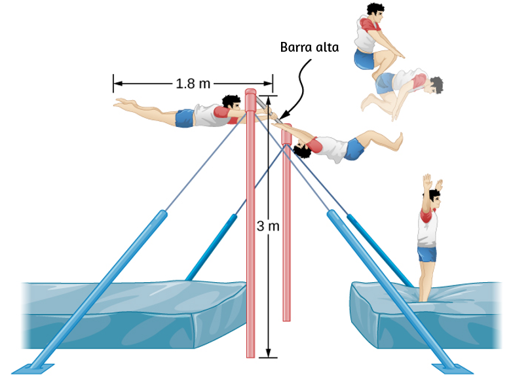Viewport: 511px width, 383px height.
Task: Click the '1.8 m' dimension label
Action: point(193,84)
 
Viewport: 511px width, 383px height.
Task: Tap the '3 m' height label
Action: point(268,226)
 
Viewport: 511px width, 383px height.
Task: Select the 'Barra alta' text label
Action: point(309,47)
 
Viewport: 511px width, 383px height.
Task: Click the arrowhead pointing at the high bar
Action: point(283,115)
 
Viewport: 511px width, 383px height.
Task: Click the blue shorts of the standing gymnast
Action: point(427,254)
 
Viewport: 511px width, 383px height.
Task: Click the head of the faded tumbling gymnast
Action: point(436,84)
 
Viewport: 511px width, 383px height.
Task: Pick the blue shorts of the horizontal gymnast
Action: point(185,118)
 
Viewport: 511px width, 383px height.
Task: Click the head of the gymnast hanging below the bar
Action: point(302,150)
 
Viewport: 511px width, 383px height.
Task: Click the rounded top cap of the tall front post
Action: point(250,92)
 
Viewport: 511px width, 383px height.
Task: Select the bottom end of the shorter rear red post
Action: point(286,319)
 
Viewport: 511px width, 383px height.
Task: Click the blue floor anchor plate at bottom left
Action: point(33,369)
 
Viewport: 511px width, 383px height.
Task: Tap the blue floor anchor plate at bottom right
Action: point(452,369)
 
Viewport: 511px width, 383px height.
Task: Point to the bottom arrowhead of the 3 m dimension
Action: point(268,353)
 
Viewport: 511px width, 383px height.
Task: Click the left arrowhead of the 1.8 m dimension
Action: point(118,84)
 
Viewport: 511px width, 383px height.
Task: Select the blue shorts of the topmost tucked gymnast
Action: point(364,60)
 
